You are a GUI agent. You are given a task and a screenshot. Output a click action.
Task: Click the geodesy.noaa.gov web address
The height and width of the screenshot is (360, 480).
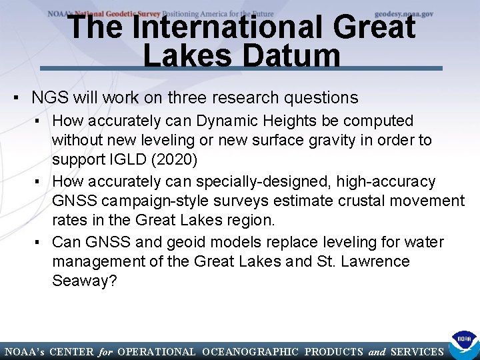[x=403, y=13]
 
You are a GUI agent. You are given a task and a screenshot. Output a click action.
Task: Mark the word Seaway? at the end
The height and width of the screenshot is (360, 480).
[x=85, y=281]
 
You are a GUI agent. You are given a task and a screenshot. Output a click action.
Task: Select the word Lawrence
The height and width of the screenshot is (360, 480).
[x=375, y=261]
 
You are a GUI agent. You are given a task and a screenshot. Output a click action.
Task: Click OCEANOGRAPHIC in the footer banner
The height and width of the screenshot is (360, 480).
[x=249, y=351]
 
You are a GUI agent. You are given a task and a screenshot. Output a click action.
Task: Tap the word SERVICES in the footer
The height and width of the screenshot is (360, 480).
[x=417, y=351]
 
